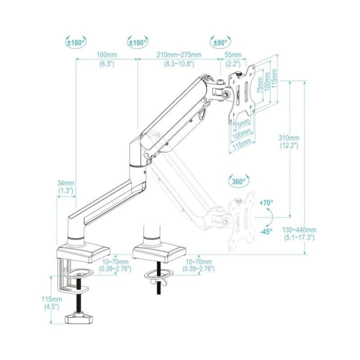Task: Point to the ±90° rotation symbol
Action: [x=220, y=42]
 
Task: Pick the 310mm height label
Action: [x=289, y=138]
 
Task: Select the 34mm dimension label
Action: [x=65, y=183]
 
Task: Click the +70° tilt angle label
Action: [x=266, y=202]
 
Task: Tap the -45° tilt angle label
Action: [x=266, y=231]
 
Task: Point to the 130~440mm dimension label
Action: [x=299, y=230]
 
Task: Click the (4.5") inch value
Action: [x=52, y=306]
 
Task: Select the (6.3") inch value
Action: [x=106, y=64]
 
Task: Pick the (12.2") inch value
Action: [x=289, y=145]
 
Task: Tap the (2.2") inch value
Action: [x=233, y=64]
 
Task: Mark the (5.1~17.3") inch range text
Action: [x=298, y=238]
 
